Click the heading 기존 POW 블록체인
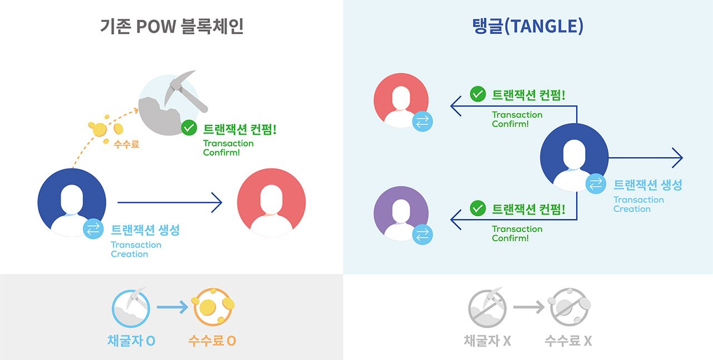(x=172, y=27)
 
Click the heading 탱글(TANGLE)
(x=527, y=27)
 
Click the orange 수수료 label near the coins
(x=126, y=144)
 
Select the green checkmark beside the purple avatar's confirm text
(x=478, y=209)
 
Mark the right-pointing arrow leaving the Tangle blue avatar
(x=646, y=158)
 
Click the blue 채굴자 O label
(x=131, y=340)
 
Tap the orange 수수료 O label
(x=212, y=340)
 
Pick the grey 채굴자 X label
(x=487, y=340)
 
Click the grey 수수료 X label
(x=568, y=340)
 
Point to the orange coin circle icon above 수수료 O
(x=212, y=307)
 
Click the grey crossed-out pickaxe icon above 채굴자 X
(x=487, y=307)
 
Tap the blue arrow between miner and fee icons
(x=172, y=307)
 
